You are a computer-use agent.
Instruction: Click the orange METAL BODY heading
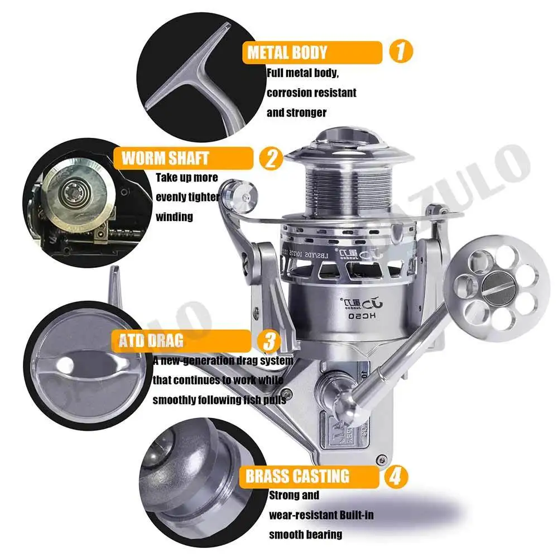point(287,53)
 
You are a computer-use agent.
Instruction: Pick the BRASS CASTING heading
point(297,476)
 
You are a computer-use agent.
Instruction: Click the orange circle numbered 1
point(400,52)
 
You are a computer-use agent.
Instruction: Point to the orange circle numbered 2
point(271,158)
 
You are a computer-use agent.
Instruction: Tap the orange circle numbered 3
point(269,340)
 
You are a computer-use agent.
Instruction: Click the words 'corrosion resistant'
point(311,93)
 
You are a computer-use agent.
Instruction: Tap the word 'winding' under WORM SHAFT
point(174,216)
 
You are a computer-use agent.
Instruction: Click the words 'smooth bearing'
point(305,534)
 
